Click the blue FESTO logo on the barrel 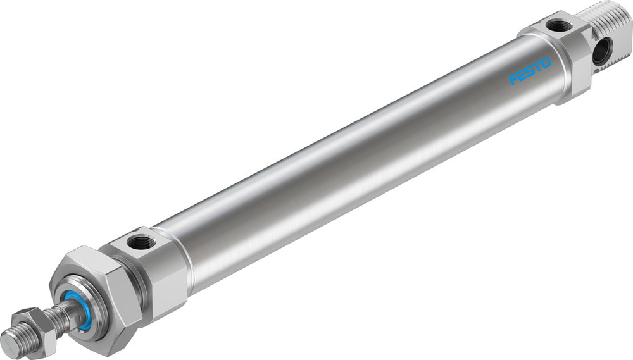530,71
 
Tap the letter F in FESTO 514,80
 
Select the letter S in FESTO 530,71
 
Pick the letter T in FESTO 538,66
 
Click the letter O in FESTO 546,63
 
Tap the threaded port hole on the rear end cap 559,26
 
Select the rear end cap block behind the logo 560,57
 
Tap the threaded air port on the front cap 137,241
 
